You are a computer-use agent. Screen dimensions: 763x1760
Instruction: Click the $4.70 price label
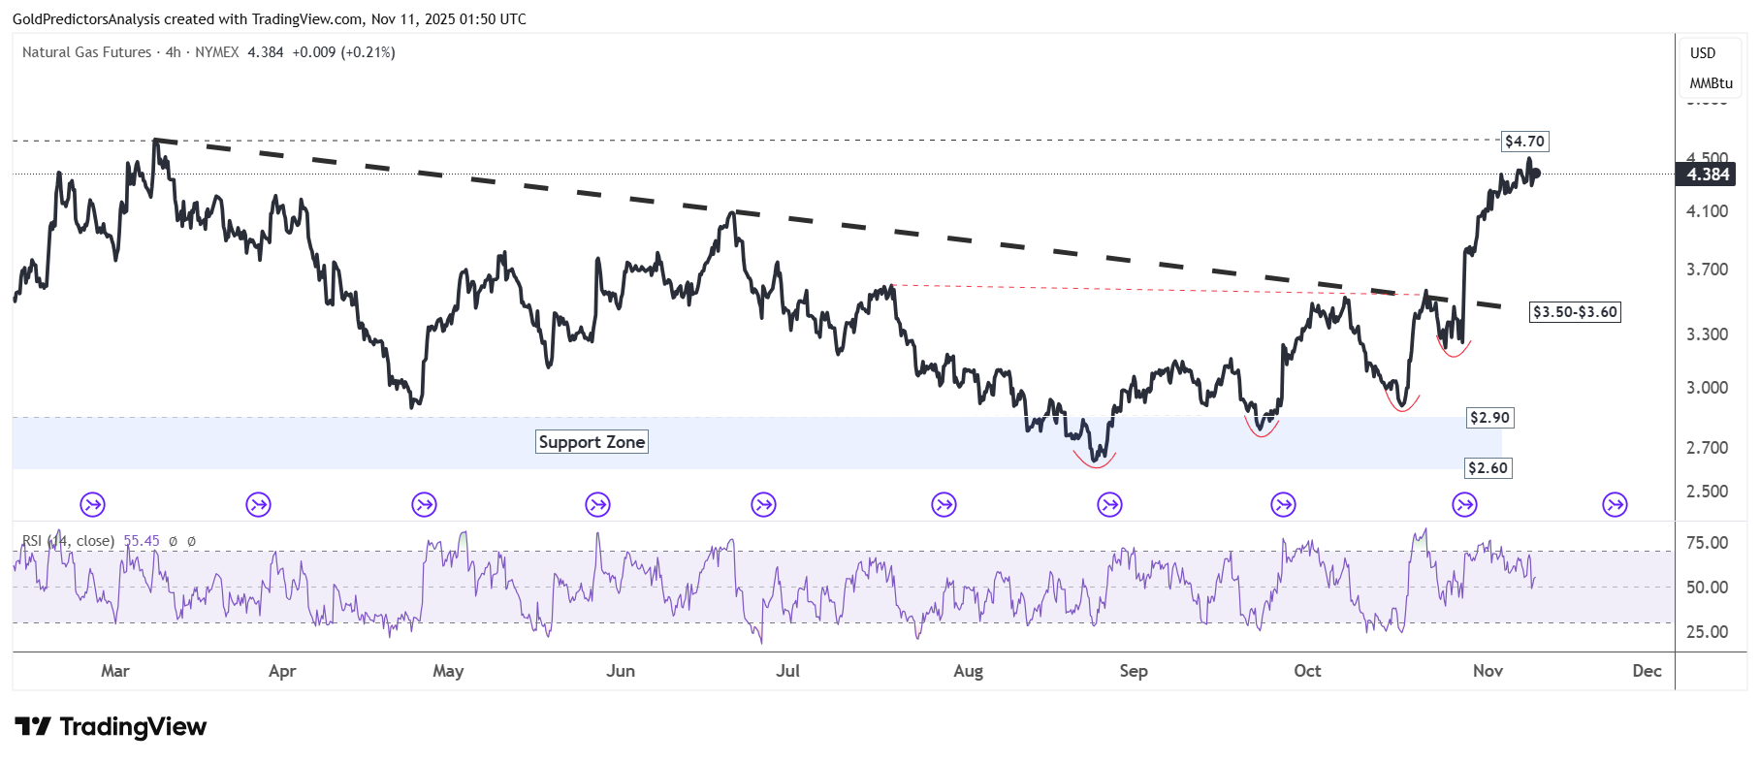(1524, 142)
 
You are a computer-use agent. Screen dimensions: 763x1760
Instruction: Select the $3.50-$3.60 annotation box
(1575, 312)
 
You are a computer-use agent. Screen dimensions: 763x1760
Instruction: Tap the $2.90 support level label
(1489, 418)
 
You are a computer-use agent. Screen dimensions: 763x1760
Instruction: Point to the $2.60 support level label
(1488, 468)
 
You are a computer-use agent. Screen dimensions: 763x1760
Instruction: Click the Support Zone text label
(592, 442)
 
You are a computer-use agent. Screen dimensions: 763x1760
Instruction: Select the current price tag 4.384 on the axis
(1708, 175)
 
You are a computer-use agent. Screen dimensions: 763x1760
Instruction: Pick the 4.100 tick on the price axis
(1707, 211)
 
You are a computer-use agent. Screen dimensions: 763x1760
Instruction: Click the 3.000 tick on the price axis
(1707, 388)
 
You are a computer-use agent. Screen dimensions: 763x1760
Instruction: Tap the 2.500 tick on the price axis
(1707, 492)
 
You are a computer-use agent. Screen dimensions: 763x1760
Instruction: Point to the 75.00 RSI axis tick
(1707, 543)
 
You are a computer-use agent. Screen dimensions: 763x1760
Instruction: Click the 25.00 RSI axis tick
(1707, 632)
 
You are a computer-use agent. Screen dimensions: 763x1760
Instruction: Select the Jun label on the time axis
(621, 671)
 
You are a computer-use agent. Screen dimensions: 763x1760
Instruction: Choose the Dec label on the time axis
(1647, 671)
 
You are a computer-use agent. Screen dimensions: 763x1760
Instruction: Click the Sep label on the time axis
(1133, 671)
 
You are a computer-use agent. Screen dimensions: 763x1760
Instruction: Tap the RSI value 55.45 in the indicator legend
(142, 541)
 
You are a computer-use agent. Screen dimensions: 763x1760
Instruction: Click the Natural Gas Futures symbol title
(86, 52)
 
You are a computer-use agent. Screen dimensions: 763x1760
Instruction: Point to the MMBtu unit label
(1711, 83)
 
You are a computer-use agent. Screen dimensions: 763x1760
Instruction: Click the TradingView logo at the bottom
(111, 727)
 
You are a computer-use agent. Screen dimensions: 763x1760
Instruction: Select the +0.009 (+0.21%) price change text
(343, 52)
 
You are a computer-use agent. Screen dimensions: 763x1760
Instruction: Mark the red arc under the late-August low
(1095, 462)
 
